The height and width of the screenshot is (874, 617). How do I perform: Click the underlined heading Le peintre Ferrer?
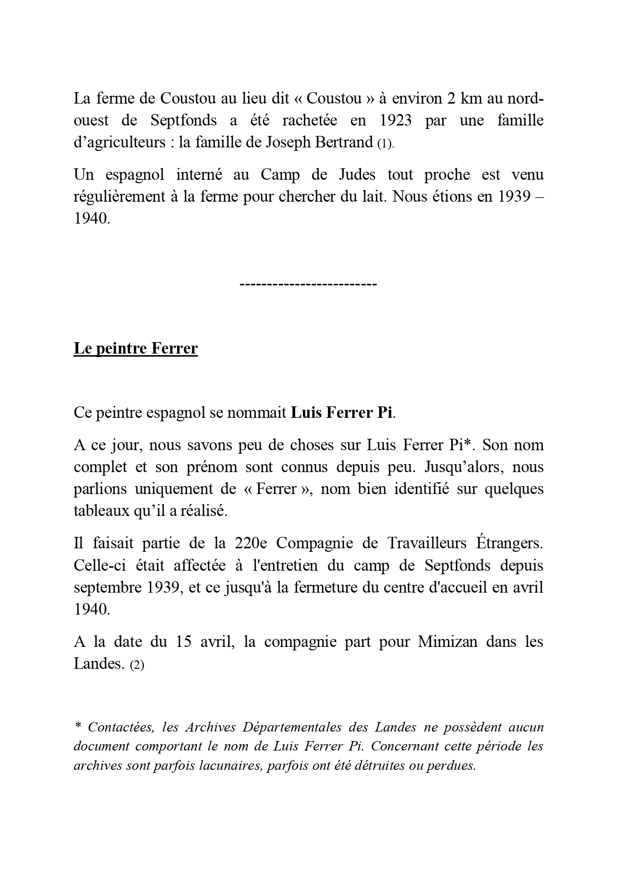pyautogui.click(x=135, y=349)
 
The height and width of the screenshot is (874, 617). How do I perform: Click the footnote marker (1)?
pyautogui.click(x=385, y=144)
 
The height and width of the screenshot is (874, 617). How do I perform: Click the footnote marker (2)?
pyautogui.click(x=136, y=665)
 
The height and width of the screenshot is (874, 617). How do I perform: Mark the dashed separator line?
pyautogui.click(x=308, y=284)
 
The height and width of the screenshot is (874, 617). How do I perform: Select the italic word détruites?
pyautogui.click(x=379, y=765)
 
